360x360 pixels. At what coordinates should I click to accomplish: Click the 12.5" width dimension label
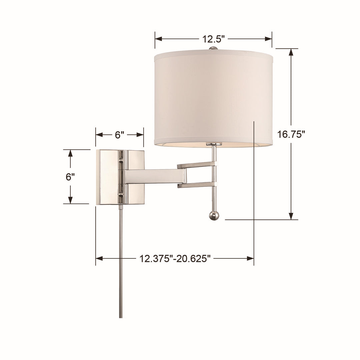point(213,39)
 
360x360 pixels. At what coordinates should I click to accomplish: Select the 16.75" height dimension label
point(291,134)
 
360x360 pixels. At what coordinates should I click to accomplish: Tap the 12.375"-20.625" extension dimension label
point(175,259)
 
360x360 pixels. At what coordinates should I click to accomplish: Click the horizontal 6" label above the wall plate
point(119,135)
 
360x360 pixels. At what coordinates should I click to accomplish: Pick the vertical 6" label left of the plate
point(70,177)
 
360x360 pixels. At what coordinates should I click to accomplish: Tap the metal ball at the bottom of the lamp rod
point(214,216)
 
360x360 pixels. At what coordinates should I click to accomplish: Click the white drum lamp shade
point(213,97)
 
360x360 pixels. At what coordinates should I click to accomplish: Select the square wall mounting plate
point(107,177)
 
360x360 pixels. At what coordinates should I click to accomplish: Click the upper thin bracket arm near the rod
point(197,165)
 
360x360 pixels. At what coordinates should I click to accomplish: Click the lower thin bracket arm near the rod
point(197,185)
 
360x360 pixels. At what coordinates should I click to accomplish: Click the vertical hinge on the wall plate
point(121,177)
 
